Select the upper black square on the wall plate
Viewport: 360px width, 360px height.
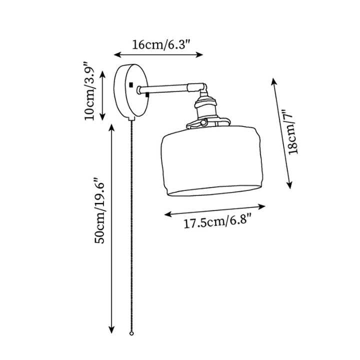[130, 84]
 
